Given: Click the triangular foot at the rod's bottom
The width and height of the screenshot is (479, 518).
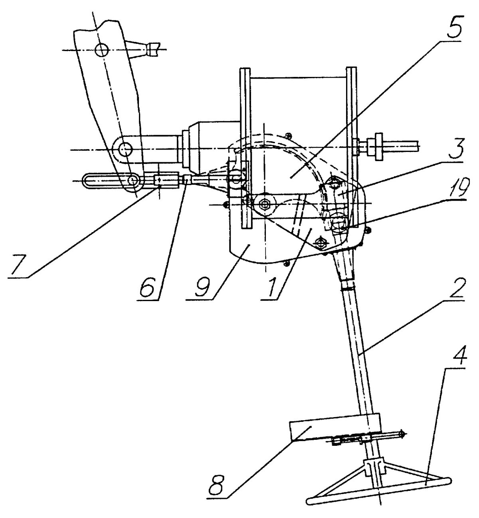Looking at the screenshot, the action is coord(379,483).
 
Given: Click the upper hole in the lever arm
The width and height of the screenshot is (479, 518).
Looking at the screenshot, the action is coord(101,49).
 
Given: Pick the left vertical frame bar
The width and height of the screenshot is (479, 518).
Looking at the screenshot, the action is coord(245,148).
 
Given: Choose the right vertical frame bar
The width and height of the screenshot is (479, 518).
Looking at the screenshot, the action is coord(351,148).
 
